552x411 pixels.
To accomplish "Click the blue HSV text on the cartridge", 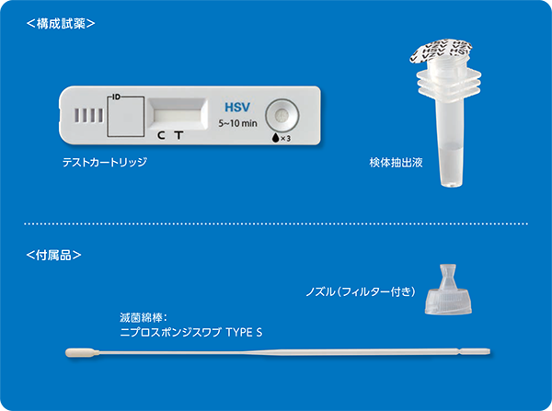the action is pos(237,107).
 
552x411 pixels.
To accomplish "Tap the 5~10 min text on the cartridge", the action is pos(237,123).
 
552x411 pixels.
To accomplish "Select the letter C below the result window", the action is pos(161,135).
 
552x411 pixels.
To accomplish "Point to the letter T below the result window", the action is pos(179,135).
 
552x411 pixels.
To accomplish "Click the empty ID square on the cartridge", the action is pos(126,117).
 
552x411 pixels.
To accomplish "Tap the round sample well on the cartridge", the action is pos(282,115).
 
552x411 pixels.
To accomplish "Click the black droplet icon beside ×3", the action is pos(275,138).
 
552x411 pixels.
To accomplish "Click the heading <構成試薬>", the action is pos(61,24).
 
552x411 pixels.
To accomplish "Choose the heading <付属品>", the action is pos(53,255).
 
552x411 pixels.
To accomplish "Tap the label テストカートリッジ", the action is pos(105,162).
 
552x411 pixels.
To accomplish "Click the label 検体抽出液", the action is pos(396,162).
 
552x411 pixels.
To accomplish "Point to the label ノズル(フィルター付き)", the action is pos(361,291).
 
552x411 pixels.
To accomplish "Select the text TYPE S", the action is pos(244,332).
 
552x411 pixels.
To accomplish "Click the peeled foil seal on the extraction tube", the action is pos(440,52).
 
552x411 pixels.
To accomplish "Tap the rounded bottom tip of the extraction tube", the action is pos(452,184).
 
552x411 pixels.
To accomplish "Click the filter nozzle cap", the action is pos(448,290).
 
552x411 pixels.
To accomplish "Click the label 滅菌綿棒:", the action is pos(143,318).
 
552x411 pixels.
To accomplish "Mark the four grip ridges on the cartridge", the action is pos(88,116).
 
